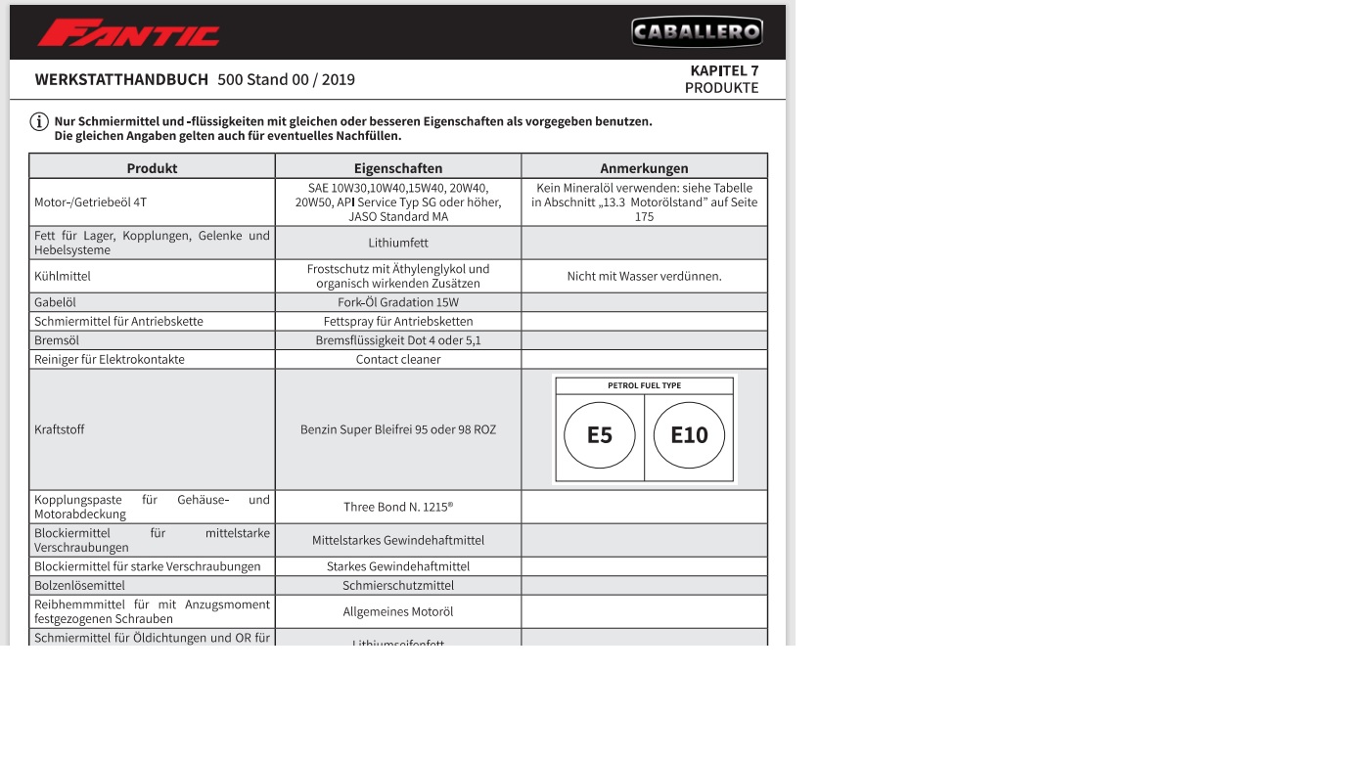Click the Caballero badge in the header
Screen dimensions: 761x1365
696,32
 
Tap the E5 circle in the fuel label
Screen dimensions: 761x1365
600,435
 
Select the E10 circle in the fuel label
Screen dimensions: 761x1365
689,435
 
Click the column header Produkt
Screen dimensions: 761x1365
152,168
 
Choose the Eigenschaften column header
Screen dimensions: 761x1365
398,168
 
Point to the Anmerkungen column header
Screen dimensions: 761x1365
644,168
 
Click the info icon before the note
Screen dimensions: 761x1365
39,122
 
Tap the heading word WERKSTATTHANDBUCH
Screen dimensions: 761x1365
121,80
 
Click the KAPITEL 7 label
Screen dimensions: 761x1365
724,70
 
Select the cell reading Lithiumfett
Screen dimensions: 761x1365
398,243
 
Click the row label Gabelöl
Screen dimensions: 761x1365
55,302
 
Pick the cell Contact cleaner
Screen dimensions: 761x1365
398,359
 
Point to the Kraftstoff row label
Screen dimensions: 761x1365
59,429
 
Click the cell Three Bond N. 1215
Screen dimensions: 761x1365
398,507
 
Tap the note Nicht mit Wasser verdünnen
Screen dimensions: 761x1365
644,276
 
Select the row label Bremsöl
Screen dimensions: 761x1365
57,340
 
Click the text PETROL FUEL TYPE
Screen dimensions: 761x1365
644,385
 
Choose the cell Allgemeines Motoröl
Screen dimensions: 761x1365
398,612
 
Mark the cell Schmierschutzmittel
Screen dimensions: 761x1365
398,586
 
